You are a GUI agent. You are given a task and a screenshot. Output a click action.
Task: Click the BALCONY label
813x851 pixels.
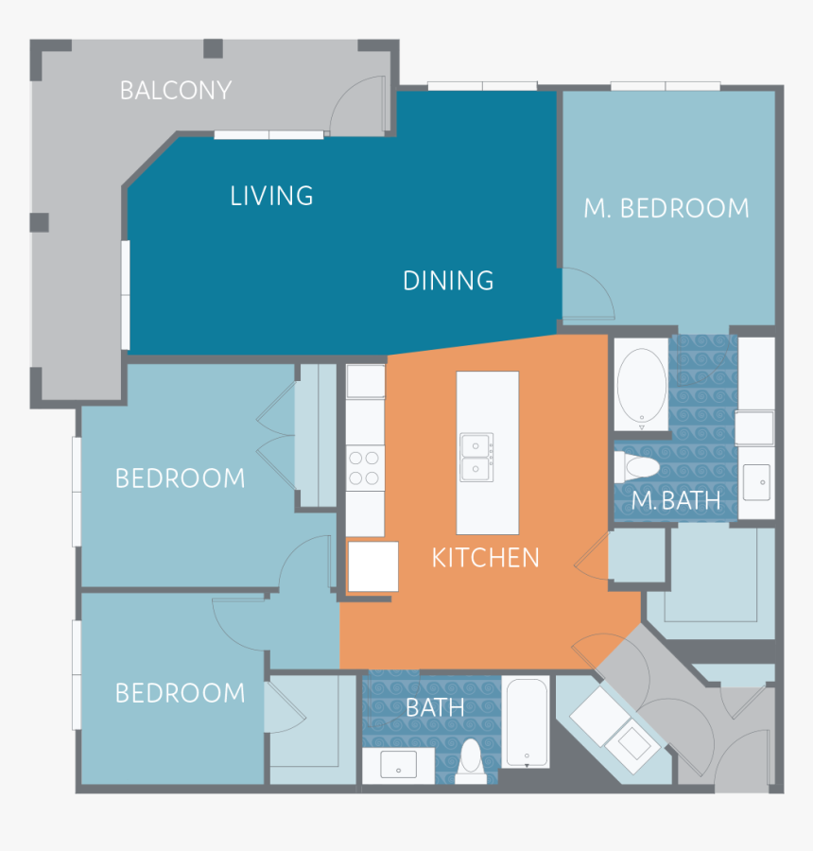click(176, 91)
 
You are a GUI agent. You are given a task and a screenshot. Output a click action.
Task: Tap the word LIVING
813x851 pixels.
click(271, 196)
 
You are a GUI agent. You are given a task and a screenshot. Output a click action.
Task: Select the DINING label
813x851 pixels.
click(448, 281)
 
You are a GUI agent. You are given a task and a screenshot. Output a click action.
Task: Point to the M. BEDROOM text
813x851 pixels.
click(666, 209)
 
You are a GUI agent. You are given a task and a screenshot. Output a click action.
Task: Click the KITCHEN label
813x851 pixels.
click(485, 558)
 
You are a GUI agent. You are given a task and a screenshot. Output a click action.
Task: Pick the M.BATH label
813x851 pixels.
click(676, 501)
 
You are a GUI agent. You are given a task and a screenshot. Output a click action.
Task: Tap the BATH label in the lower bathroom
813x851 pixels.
click(435, 707)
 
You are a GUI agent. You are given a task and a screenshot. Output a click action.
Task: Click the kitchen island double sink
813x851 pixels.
click(476, 458)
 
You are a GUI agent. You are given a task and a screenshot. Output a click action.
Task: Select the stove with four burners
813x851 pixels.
click(365, 467)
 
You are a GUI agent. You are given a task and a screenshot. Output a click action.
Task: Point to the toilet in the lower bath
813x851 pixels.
click(471, 761)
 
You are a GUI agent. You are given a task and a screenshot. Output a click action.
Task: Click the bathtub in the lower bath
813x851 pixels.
click(526, 721)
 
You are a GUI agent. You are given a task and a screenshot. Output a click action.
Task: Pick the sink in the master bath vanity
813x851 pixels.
click(756, 481)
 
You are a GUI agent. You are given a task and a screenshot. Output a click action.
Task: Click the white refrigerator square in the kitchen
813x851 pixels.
click(372, 566)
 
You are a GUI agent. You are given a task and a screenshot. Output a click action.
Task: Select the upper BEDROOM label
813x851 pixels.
click(180, 478)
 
